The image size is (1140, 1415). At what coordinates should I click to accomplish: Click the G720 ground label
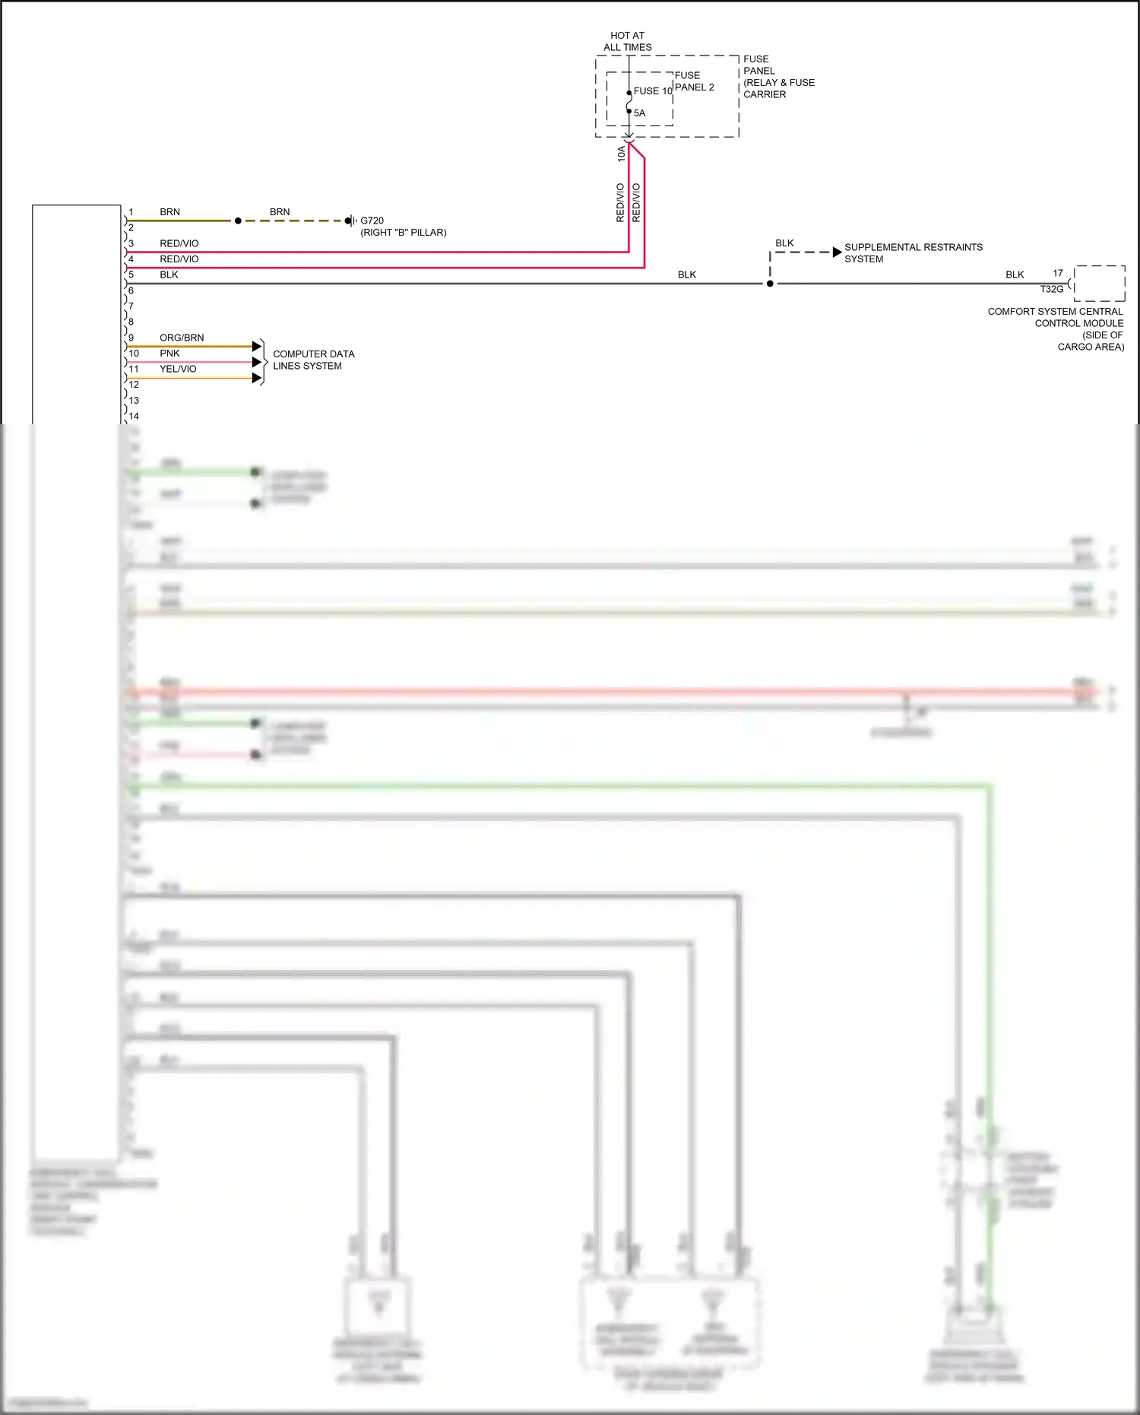pos(372,220)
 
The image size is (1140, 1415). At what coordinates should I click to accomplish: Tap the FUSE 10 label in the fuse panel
pos(653,91)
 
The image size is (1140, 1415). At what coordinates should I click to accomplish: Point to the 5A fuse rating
pos(640,113)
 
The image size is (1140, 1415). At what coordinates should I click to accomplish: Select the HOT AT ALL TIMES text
pos(627,41)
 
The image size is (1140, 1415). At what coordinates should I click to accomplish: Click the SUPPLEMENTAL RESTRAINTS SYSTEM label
pos(913,253)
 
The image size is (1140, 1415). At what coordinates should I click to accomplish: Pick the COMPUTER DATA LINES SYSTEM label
pos(313,360)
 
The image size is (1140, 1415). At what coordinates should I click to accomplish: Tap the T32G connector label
pos(1051,290)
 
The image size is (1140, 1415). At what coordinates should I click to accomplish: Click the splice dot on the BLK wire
pos(770,284)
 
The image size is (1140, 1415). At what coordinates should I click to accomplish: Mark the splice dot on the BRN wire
pos(238,220)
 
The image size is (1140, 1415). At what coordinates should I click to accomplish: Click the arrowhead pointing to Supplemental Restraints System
pos(837,252)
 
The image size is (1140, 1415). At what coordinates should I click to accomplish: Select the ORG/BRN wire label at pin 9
pos(182,338)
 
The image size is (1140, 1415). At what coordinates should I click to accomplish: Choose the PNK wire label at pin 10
pos(169,354)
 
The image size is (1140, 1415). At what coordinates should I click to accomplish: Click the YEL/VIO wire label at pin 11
pos(178,369)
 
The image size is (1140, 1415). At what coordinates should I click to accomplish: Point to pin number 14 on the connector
pos(134,416)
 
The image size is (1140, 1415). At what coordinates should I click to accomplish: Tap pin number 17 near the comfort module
pos(1057,274)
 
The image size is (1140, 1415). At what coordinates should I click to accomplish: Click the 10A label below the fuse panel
pos(621,154)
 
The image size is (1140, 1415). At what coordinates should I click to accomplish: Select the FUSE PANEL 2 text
pos(694,81)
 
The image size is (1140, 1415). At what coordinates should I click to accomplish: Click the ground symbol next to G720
pos(350,220)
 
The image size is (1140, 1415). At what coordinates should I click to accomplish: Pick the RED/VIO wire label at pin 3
pos(179,243)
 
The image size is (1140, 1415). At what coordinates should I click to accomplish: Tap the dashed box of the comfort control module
pos(1099,284)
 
